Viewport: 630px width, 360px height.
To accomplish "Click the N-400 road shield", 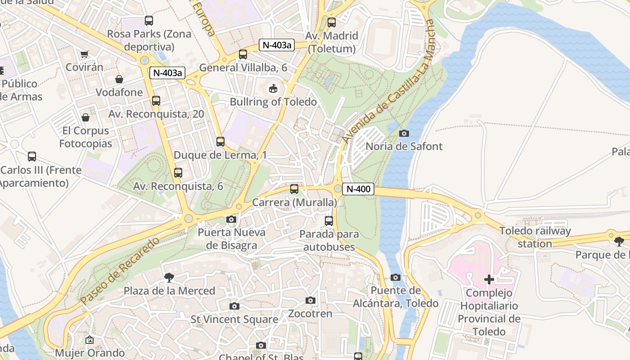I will (359, 189).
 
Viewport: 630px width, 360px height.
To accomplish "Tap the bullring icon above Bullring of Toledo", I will (273, 88).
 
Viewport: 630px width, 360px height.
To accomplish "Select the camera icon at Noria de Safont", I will (404, 133).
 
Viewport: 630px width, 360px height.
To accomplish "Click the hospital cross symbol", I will (489, 279).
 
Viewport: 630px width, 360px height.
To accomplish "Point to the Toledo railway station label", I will (535, 237).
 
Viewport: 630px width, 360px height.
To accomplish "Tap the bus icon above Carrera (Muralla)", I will (294, 189).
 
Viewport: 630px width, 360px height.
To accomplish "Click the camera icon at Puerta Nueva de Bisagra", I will (231, 220).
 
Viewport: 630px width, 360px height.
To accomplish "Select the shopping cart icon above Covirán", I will (84, 54).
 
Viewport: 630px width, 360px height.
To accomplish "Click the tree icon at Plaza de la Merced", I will (169, 278).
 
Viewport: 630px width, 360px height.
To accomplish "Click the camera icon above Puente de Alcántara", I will (396, 277).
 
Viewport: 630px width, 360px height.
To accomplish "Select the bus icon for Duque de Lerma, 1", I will (220, 142).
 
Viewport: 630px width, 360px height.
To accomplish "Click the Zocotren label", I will (310, 313).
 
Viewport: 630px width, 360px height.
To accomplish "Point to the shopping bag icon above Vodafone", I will (119, 79).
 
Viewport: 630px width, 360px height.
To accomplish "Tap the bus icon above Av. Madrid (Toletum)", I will (332, 22).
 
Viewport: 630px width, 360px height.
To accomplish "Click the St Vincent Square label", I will (234, 319).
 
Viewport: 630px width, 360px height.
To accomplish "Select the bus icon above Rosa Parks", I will (149, 21).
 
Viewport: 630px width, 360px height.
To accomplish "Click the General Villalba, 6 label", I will (243, 67).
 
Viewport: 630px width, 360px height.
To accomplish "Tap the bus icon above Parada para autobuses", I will (329, 221).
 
